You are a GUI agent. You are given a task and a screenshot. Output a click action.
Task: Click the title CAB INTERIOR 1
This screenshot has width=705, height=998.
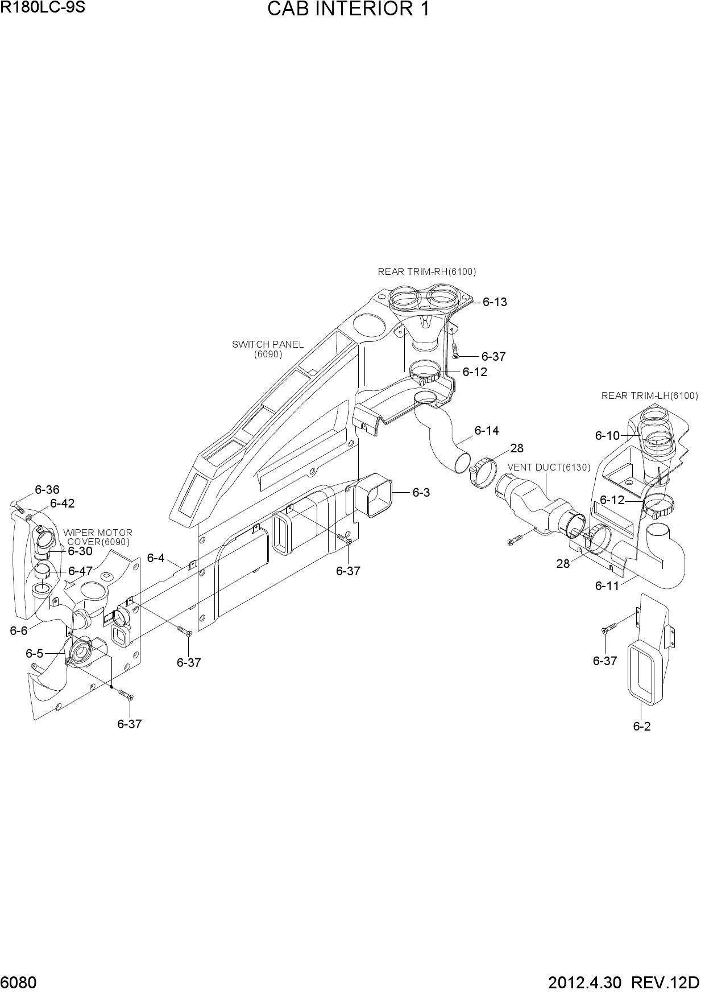coord(348,10)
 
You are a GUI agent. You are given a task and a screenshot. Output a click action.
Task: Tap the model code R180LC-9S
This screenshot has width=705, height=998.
coord(43,8)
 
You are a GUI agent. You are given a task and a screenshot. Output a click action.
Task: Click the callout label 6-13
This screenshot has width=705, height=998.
coord(495,302)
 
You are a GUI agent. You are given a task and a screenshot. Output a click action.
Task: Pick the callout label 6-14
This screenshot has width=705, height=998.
coord(487,431)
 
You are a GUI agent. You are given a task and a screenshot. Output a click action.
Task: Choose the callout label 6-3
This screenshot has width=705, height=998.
coord(421,493)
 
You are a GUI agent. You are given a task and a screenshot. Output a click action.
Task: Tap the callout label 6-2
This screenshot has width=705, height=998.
coord(642,727)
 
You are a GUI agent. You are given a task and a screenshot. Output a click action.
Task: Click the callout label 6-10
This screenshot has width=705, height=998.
coord(607,436)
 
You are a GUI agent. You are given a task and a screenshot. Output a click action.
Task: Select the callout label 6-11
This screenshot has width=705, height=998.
coord(607,585)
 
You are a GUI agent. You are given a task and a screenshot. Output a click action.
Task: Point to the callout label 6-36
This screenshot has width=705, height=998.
coord(47,490)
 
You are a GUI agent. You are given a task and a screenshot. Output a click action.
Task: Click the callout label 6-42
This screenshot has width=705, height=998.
coord(63,504)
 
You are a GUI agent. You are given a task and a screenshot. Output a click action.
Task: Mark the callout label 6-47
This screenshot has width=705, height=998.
coord(80,571)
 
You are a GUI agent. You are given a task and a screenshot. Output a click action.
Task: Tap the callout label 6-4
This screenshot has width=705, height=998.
coord(156,558)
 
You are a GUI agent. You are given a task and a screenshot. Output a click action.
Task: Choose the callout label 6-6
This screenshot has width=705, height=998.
coord(19,630)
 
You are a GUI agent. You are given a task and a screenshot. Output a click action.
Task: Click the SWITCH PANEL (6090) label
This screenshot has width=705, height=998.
coord(268,349)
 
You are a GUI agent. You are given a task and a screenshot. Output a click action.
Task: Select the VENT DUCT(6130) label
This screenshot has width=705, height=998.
coord(549,468)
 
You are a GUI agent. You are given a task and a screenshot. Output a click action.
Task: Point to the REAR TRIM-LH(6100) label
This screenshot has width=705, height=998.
coord(650,396)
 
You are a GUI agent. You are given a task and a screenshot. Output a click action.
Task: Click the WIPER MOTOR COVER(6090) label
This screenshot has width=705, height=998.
coord(98,538)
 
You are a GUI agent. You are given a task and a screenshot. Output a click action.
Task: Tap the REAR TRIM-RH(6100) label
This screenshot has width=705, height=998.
coord(427,272)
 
